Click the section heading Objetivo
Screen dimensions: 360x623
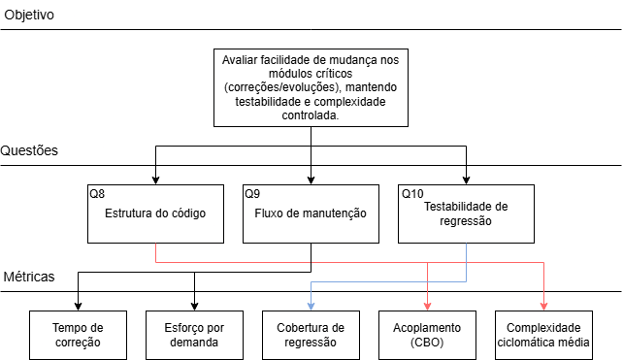29,16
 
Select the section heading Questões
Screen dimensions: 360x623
30,150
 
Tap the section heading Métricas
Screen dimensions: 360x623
29,278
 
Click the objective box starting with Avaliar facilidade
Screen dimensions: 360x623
311,87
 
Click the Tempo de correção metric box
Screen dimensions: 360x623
78,335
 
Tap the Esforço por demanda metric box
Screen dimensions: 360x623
194,335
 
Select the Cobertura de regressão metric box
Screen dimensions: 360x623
311,335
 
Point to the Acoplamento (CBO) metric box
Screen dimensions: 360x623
427,335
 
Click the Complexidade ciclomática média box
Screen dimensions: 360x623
543,335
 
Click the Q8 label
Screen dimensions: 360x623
97,194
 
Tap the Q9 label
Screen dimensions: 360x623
252,194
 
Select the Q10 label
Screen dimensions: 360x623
411,194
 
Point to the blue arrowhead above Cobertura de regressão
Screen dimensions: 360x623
311,305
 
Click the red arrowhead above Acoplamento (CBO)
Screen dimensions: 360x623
427,305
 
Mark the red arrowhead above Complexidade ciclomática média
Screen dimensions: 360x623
543,305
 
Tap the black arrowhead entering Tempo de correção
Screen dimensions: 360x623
78,305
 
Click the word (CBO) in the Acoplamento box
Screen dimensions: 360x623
427,343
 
